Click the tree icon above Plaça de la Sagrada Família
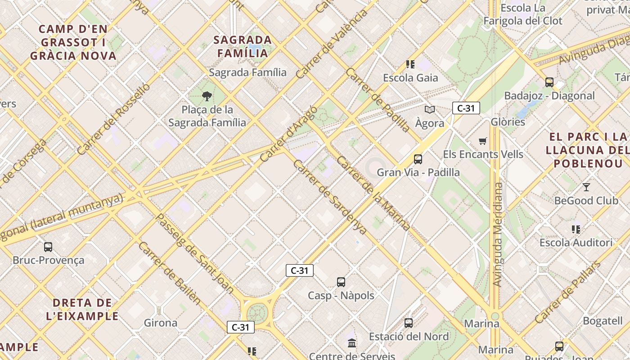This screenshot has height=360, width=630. click(207, 95)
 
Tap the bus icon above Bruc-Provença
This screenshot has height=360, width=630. click(48, 247)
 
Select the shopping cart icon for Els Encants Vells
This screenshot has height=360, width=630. click(483, 141)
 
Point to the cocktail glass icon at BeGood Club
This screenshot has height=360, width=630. click(586, 187)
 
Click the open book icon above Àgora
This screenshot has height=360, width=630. click(430, 109)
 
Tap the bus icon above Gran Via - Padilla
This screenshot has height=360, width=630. click(418, 159)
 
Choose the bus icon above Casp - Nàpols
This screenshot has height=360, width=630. click(341, 282)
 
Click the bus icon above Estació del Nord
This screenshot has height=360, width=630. click(409, 323)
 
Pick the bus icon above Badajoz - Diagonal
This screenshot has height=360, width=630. click(549, 82)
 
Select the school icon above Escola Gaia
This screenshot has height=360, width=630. click(410, 64)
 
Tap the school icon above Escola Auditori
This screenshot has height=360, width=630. click(576, 229)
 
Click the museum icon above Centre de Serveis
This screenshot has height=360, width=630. click(352, 344)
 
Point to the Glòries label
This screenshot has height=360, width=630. click(508, 122)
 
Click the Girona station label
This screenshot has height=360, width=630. click(161, 323)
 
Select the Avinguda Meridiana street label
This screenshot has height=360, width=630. click(497, 234)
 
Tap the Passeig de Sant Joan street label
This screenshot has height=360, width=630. click(194, 253)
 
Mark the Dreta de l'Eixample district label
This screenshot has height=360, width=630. click(82, 309)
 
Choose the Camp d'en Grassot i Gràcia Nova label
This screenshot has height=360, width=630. click(73, 43)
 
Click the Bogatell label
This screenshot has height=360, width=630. click(603, 321)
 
